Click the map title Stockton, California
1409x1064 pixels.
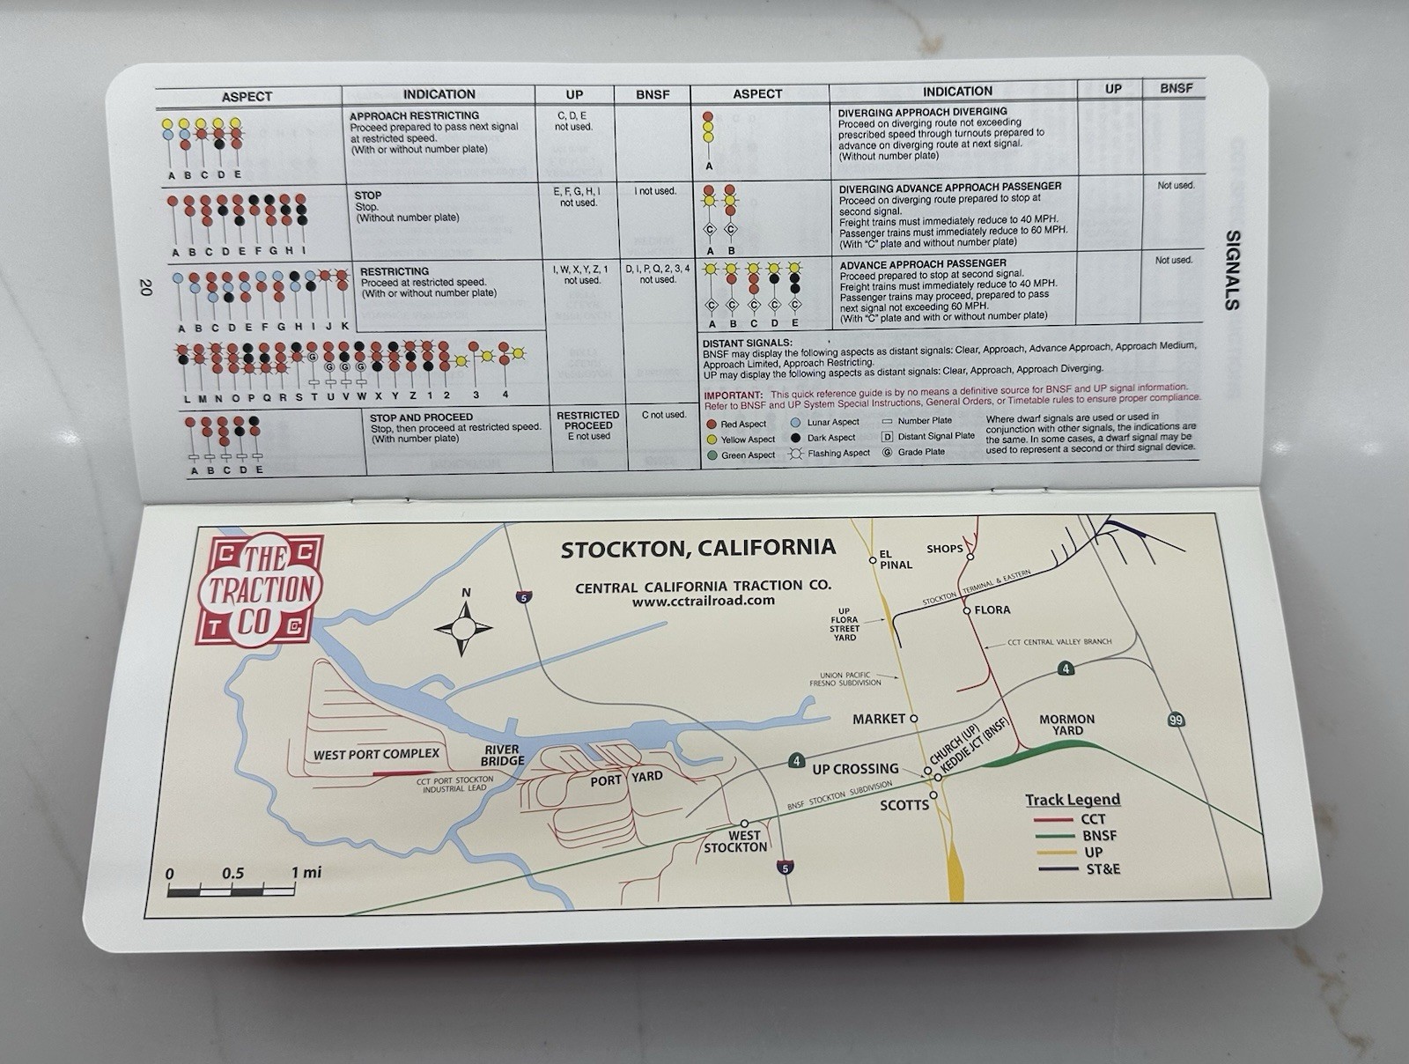[x=697, y=548]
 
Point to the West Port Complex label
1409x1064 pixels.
[x=376, y=754]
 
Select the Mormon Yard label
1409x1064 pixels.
[x=1066, y=725]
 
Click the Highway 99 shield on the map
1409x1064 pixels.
[x=1176, y=720]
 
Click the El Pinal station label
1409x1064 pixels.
[x=895, y=558]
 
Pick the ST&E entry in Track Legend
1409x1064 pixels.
[x=1103, y=869]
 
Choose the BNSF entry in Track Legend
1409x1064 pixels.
[x=1099, y=835]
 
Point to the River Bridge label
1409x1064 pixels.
[x=502, y=755]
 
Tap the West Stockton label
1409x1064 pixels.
[x=735, y=841]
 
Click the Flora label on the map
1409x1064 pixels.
[x=992, y=610]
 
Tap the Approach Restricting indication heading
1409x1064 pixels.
[x=414, y=115]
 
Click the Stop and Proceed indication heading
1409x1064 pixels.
[x=421, y=417]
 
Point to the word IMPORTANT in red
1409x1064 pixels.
[x=733, y=395]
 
